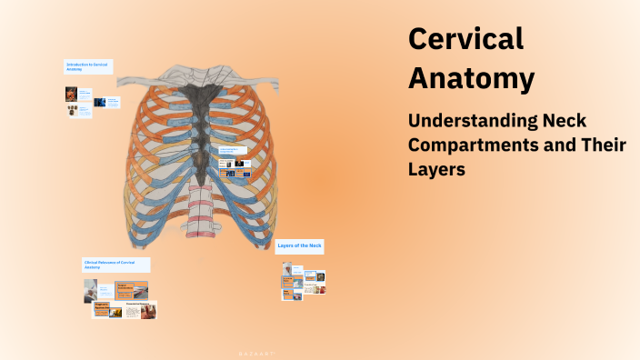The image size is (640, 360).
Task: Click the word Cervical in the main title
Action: click(466, 39)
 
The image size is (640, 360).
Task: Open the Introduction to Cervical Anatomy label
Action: click(88, 67)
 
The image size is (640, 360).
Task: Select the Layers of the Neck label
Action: click(299, 246)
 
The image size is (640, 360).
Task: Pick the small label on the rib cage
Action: click(233, 151)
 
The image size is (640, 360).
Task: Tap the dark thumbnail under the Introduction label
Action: click(71, 94)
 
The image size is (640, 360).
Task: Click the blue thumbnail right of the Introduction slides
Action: click(100, 103)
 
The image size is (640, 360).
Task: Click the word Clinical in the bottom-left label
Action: click(95, 262)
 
